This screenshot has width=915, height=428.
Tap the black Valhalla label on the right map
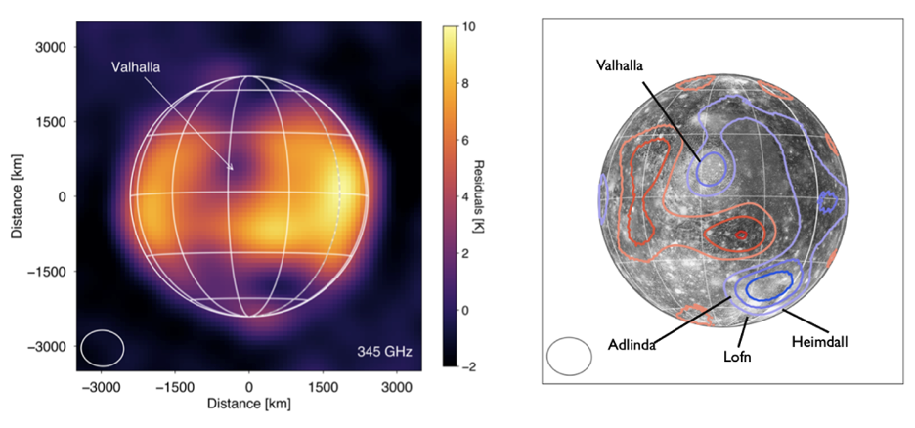tap(629, 65)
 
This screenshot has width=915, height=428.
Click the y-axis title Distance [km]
tap(18, 195)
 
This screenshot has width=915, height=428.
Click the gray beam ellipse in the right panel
tap(569, 356)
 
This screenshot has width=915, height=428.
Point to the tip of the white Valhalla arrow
tap(233, 170)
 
